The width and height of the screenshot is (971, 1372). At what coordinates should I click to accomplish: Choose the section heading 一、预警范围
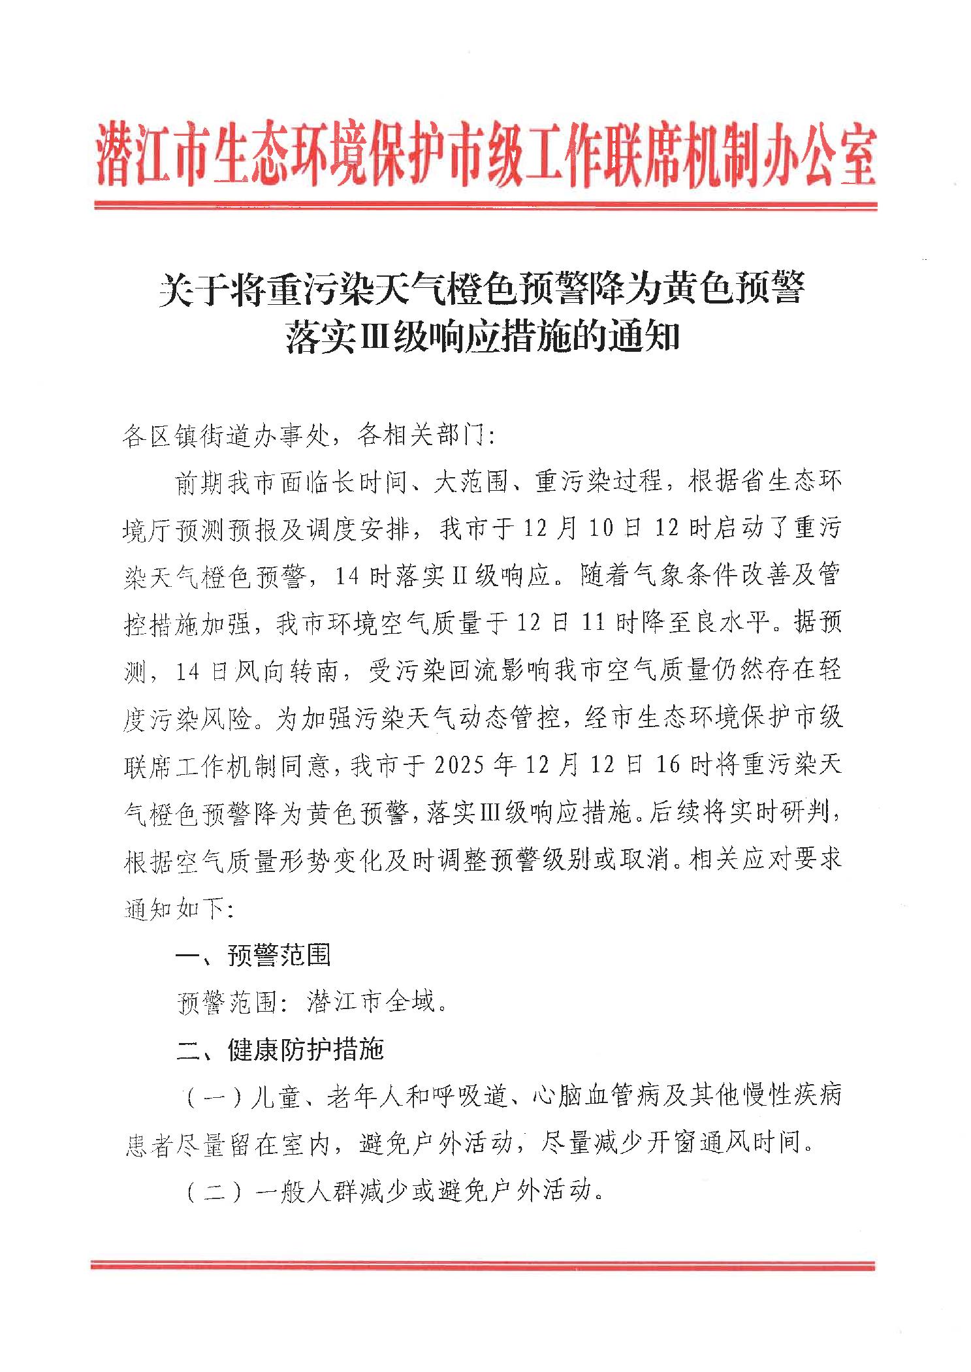253,955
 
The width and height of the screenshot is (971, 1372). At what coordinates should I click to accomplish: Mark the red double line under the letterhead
485,205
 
